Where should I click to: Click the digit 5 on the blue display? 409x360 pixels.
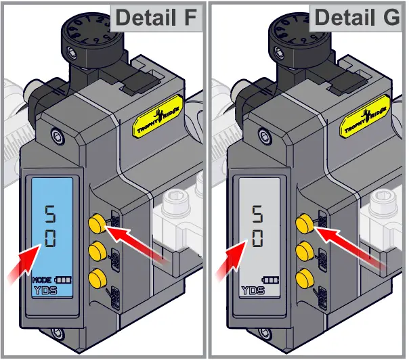51,215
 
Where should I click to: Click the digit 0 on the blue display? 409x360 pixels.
51,239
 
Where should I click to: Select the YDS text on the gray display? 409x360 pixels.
253,291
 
